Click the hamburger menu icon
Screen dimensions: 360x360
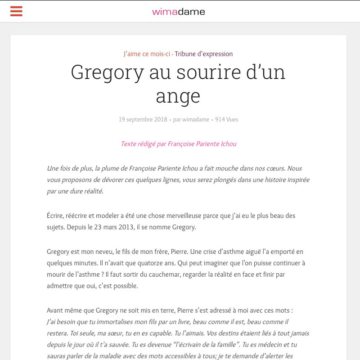[16, 11]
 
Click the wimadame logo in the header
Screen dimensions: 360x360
[179, 12]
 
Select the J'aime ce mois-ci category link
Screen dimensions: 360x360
[147, 54]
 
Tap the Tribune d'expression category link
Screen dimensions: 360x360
[204, 54]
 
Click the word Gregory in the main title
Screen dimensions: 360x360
[107, 72]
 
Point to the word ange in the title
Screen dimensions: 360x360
[178, 95]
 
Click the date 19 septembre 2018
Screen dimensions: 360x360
[143, 120]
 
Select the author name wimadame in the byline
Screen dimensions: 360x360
[196, 120]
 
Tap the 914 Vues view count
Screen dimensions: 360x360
[226, 120]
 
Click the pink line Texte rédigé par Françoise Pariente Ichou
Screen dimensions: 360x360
[178, 144]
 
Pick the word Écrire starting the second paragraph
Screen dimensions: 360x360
[55, 216]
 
